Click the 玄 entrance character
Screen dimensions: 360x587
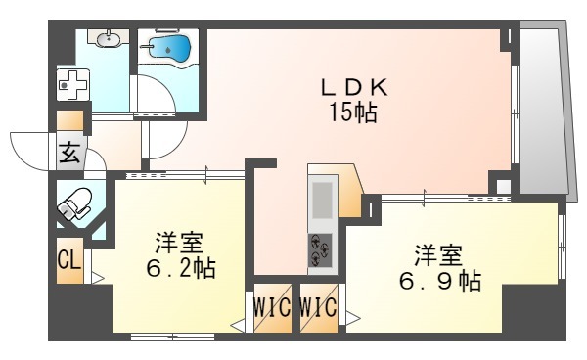tap(70, 153)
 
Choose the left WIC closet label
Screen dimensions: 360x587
tap(270, 308)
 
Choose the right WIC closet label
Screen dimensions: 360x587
tap(319, 308)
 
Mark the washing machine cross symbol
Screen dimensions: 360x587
tap(71, 86)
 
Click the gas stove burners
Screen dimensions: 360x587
tap(320, 249)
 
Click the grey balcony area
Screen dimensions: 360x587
tap(543, 108)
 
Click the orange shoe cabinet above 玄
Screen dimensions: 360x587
tap(70, 121)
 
